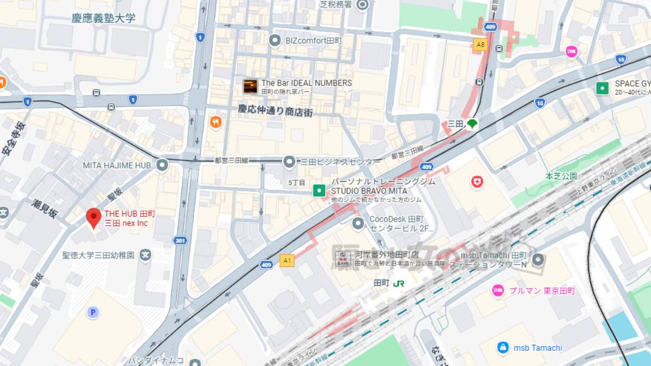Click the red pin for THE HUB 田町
pyautogui.click(x=94, y=217)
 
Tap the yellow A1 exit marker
pyautogui.click(x=287, y=261)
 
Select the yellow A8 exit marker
pyautogui.click(x=480, y=44)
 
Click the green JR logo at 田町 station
pyautogui.click(x=399, y=283)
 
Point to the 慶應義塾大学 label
pyautogui.click(x=104, y=18)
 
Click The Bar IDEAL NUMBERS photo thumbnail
pyautogui.click(x=250, y=86)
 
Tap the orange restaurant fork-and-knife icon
pyautogui.click(x=216, y=122)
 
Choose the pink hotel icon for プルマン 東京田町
pyautogui.click(x=498, y=291)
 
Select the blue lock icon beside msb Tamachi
pyautogui.click(x=503, y=348)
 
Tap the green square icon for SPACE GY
pyautogui.click(x=601, y=88)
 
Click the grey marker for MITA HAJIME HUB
pyautogui.click(x=162, y=165)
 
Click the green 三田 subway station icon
pyautogui.click(x=472, y=124)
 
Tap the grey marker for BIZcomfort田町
pyautogui.click(x=276, y=40)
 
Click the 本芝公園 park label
pyautogui.click(x=561, y=176)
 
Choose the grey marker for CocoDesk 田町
pyautogui.click(x=358, y=223)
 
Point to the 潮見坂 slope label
pyautogui.click(x=44, y=208)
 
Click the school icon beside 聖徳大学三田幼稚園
pyautogui.click(x=145, y=254)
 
